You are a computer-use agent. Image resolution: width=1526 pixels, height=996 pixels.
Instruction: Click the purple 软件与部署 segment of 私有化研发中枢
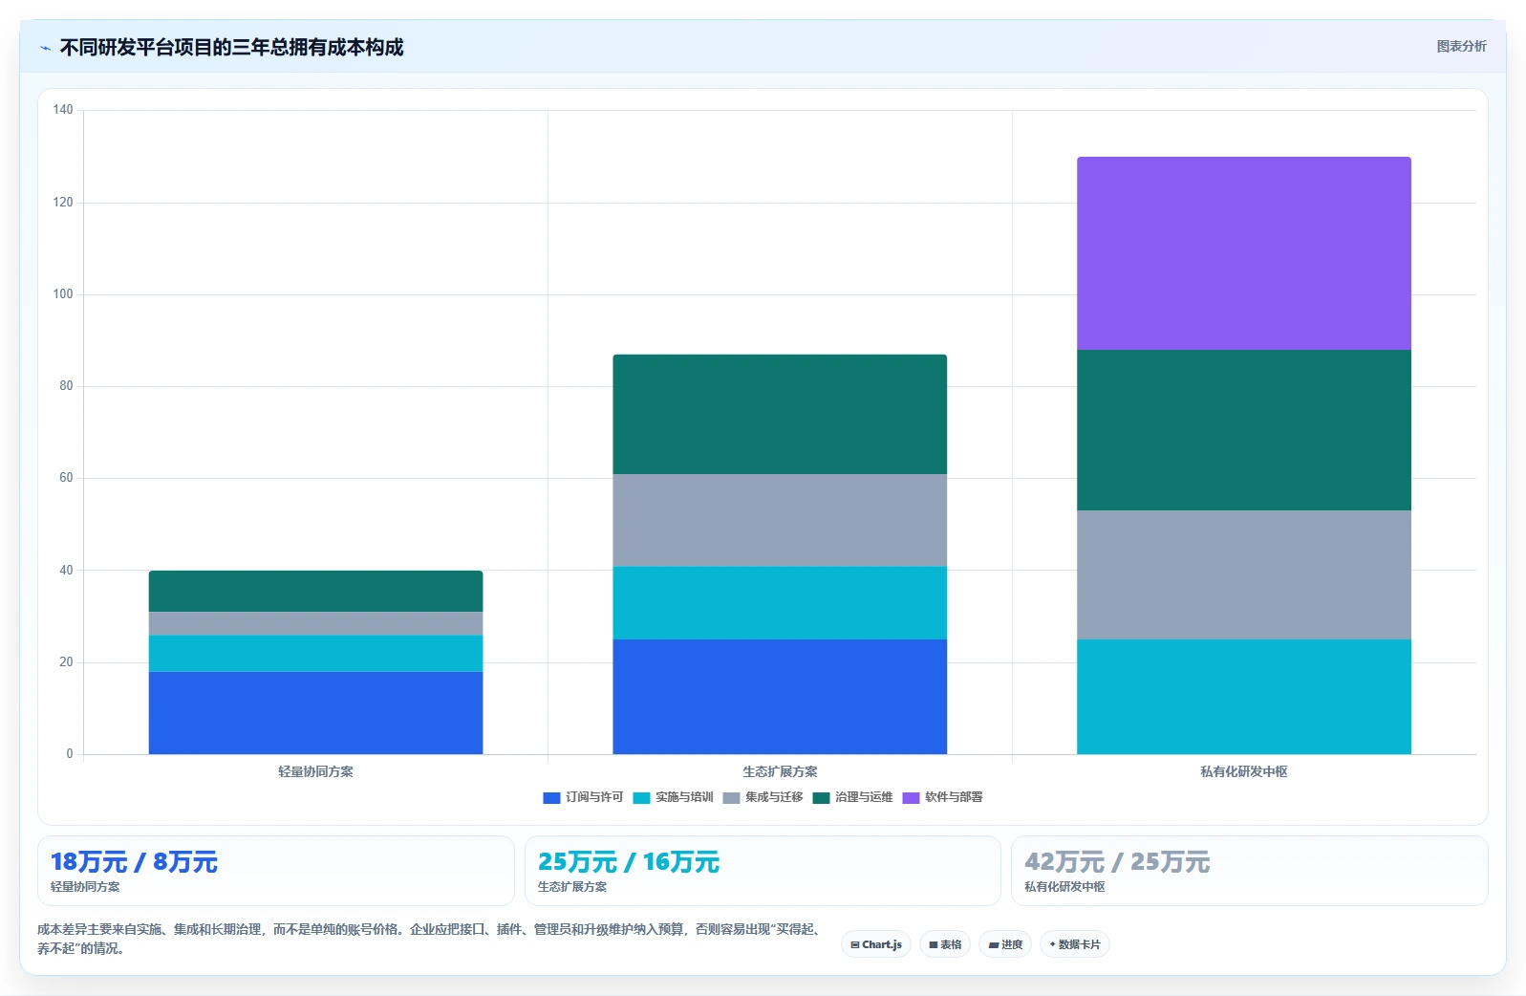click(1243, 253)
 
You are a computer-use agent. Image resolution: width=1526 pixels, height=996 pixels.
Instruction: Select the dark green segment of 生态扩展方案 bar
click(780, 414)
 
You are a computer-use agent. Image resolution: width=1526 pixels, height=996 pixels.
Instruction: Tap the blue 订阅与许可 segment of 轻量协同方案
click(315, 713)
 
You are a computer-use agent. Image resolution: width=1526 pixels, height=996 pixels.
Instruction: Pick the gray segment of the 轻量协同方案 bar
click(315, 623)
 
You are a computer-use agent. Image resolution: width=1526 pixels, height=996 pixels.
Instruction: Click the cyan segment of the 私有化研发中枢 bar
click(1243, 696)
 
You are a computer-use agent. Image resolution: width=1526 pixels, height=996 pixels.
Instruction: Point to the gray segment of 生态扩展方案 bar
click(780, 520)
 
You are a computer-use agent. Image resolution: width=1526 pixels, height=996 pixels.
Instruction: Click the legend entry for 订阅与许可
click(583, 797)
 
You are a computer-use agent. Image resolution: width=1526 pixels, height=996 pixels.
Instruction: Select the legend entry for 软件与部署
click(942, 797)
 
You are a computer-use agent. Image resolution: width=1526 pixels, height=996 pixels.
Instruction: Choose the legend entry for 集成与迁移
click(763, 797)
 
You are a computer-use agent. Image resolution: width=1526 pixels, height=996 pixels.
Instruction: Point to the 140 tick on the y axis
click(63, 110)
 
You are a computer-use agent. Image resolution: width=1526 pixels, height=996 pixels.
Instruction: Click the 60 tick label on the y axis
click(65, 478)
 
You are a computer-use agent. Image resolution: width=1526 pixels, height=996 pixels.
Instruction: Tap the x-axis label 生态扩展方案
click(780, 772)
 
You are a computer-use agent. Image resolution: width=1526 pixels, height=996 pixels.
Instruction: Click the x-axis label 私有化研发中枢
click(1243, 772)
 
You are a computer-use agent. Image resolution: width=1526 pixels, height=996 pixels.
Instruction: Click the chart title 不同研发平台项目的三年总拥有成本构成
click(231, 47)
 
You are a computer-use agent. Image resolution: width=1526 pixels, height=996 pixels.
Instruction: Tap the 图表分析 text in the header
click(1461, 46)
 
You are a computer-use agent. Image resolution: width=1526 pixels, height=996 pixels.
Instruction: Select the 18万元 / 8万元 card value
click(134, 862)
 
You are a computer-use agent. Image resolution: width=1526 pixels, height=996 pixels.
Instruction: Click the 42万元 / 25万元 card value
click(1117, 862)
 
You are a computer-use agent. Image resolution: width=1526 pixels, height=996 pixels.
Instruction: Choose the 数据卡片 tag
click(1074, 944)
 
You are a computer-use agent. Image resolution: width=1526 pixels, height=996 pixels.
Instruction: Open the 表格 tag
click(945, 944)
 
